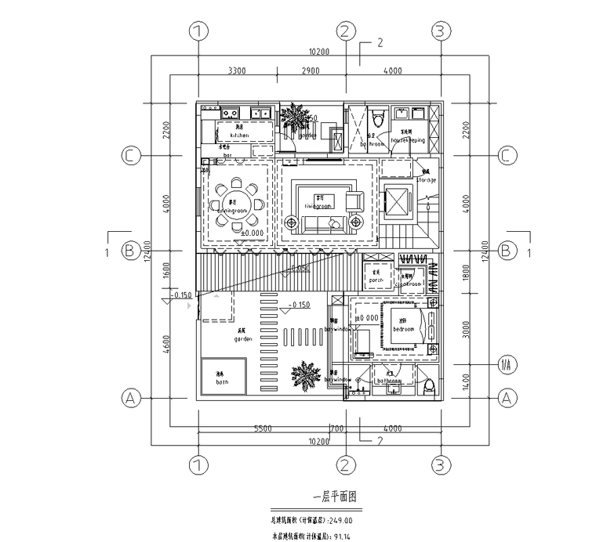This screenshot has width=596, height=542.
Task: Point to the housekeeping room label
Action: point(408,140)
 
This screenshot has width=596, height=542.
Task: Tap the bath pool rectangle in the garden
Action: point(223,377)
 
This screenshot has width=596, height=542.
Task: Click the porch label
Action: point(376,278)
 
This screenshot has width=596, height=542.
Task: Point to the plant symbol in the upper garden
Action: point(296,118)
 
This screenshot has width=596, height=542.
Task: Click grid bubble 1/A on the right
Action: point(507,364)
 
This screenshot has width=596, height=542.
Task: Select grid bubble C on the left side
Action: point(131,156)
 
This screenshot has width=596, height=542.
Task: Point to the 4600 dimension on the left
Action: point(165,347)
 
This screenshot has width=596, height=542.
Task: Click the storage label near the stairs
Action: point(428,180)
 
